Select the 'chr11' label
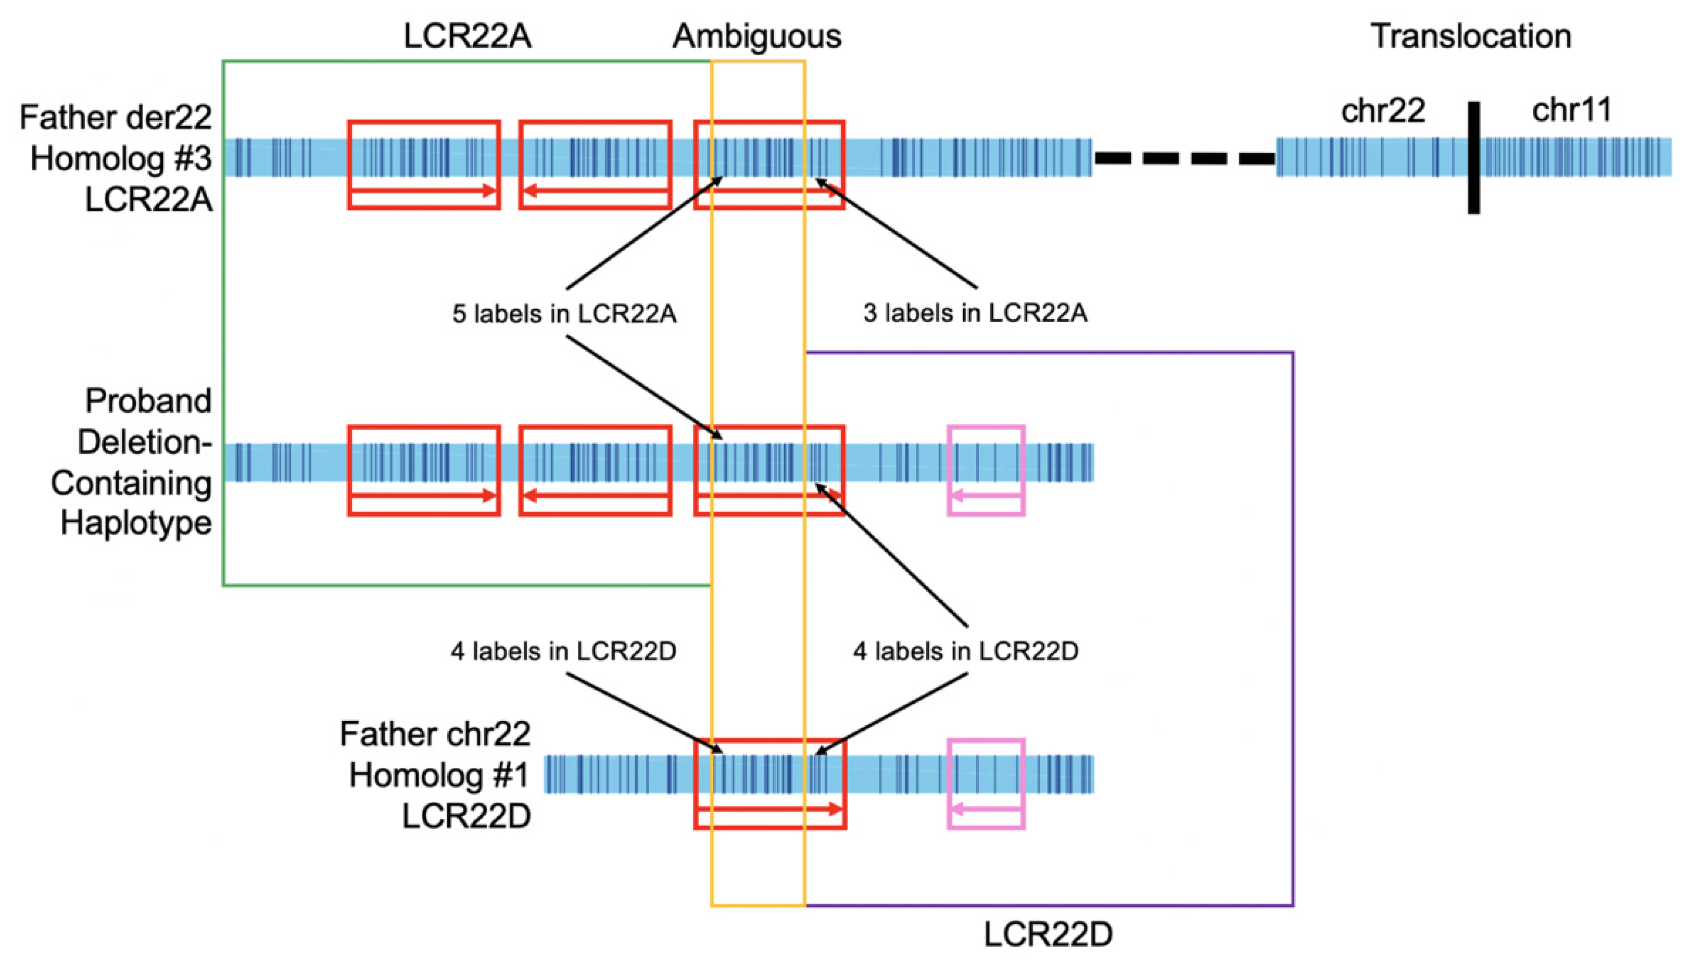click(1572, 110)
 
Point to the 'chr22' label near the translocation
click(1383, 110)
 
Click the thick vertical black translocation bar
click(1473, 158)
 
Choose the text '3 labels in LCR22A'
click(975, 313)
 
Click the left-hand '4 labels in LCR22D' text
click(563, 651)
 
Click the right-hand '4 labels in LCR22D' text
click(965, 651)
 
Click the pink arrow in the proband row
click(986, 496)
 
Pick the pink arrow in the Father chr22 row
click(986, 809)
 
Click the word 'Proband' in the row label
click(148, 401)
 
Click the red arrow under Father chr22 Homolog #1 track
click(770, 809)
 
